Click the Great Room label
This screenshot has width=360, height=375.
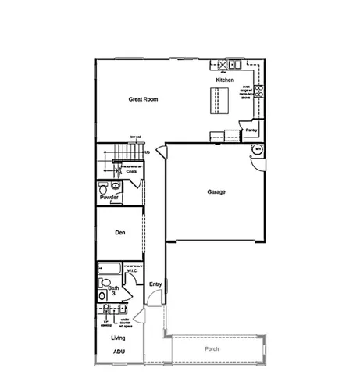point(143,99)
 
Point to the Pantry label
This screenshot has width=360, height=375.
point(251,130)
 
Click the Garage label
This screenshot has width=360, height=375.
point(216,191)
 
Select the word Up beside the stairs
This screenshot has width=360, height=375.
point(148,152)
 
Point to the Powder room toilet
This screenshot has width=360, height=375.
point(105,188)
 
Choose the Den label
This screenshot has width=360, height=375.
point(120,232)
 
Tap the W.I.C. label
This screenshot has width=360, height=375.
point(132,272)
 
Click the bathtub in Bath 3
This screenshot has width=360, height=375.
point(109,270)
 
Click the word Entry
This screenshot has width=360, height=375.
point(155,284)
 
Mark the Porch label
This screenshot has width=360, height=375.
point(212,348)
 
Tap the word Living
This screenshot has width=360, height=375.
point(119,337)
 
